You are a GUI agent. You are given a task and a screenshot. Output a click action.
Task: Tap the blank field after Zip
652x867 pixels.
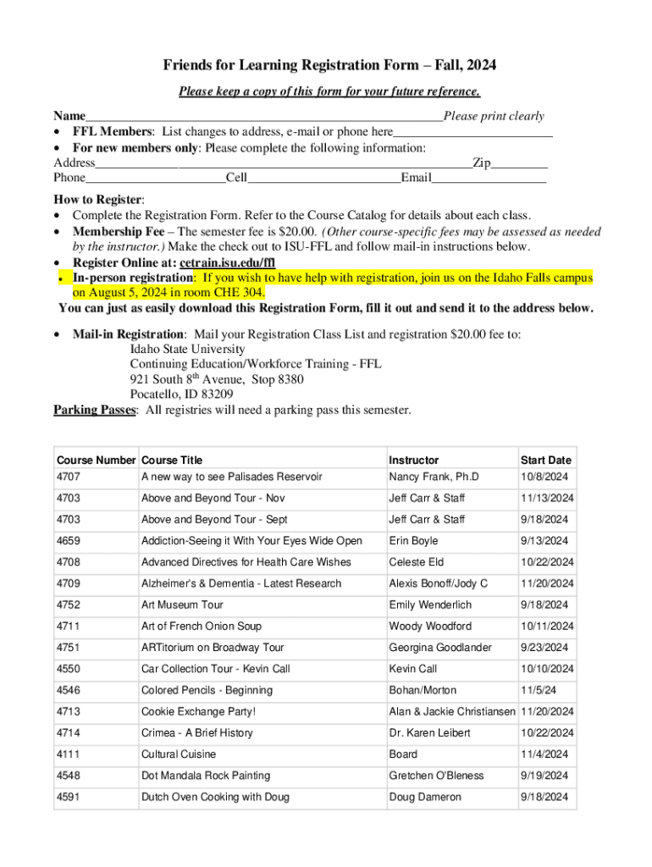520,163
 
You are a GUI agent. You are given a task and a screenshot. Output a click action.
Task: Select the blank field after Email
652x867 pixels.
489,178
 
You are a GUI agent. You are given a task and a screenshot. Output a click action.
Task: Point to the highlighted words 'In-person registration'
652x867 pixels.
133,278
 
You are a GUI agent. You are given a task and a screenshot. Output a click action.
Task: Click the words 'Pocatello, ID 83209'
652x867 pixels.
181,394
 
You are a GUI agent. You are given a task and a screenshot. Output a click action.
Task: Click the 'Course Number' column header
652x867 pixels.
96,461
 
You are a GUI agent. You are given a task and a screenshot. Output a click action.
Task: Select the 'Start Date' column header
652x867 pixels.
545,461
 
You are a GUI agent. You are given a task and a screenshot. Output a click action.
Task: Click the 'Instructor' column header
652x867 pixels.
414,461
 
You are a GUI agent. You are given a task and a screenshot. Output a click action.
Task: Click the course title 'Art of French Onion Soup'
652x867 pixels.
202,627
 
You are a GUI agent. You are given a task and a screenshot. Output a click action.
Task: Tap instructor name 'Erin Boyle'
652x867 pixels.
413,541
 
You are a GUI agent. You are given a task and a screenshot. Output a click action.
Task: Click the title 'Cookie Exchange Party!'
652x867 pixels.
198,711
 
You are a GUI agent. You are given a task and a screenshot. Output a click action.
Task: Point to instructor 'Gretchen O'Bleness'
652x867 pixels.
436,776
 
